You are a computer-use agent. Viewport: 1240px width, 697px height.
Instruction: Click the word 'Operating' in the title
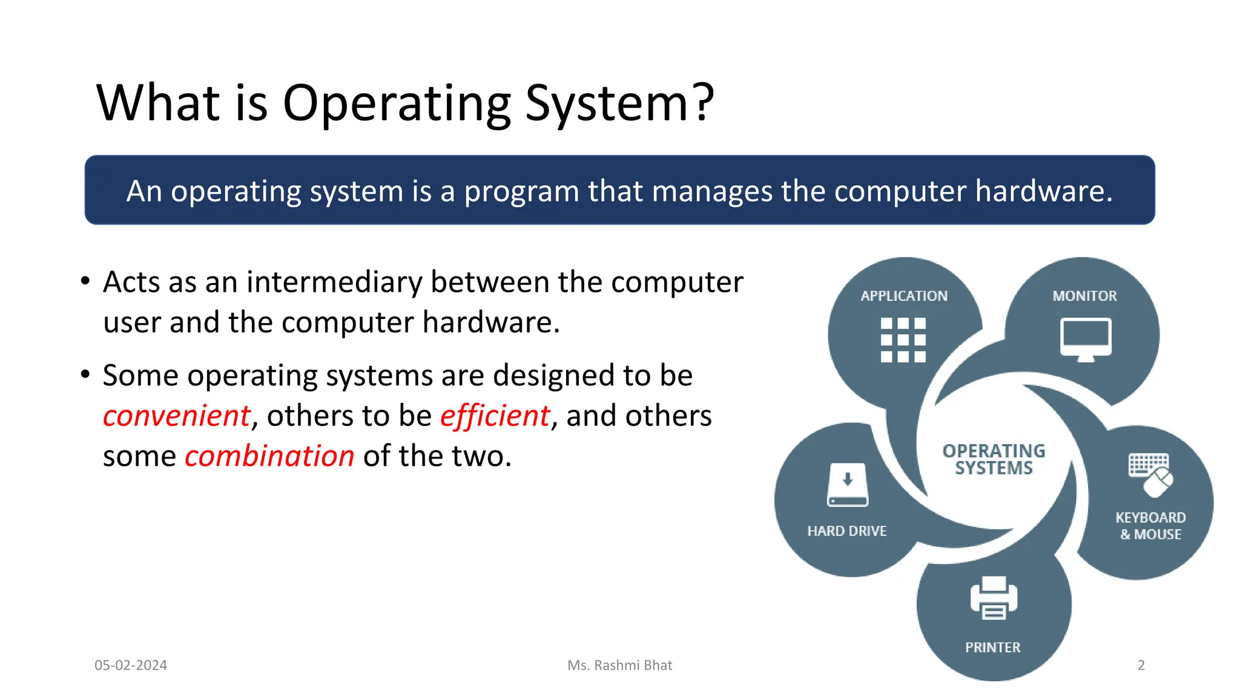coord(397,104)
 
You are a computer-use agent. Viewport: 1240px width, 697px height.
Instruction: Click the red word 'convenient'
coord(176,416)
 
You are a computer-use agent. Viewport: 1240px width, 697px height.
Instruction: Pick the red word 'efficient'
coord(495,416)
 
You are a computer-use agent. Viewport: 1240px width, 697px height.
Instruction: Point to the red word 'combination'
coord(269,456)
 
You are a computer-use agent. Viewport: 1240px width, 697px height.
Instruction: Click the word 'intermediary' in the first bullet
coord(334,283)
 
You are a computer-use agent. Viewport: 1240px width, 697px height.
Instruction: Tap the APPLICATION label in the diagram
coord(904,296)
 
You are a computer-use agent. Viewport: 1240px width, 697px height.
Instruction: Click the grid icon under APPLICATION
coord(903,339)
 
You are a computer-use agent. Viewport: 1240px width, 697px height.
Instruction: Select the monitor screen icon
coord(1086,338)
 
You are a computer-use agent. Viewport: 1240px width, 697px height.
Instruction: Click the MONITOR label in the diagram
coord(1084,296)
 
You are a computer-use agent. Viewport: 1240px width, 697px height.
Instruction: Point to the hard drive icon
coord(848,485)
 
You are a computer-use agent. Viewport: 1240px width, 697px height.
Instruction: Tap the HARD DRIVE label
coord(846,531)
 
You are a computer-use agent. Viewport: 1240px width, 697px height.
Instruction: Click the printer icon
coord(994,598)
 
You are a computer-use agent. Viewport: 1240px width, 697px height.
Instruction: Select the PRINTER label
coord(992,647)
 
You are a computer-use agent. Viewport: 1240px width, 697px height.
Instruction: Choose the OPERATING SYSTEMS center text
coord(994,459)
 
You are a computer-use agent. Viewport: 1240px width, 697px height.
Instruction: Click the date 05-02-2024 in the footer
coord(131,665)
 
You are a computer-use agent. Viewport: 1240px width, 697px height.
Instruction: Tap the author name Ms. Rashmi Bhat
coord(619,665)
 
